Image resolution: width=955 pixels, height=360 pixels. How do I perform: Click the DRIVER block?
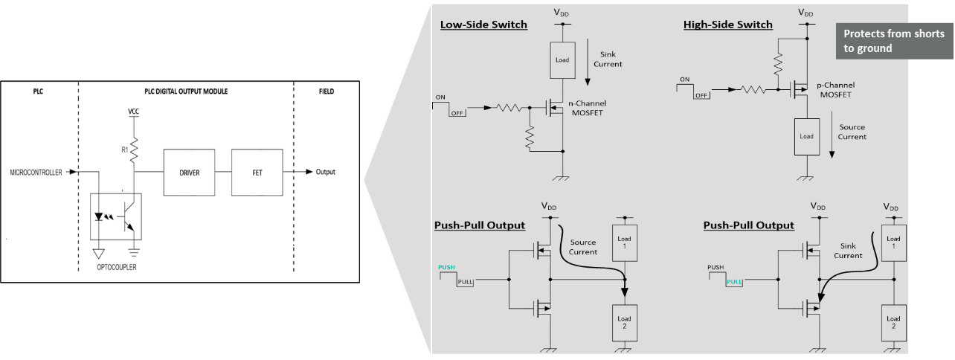coord(189,172)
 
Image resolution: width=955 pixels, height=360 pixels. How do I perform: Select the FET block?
coord(257,172)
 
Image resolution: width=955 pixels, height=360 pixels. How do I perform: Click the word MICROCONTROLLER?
coord(36,172)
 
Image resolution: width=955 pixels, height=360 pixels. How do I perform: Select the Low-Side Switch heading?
coord(483,25)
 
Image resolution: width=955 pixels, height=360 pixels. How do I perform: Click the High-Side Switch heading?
coord(727,25)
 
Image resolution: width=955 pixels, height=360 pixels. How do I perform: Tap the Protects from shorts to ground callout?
coord(893,41)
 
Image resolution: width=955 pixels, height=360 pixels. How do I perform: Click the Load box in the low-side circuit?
coord(562,60)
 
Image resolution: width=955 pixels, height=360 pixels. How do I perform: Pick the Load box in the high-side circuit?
coord(806,136)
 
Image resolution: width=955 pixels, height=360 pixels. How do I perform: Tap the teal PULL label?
coord(734,282)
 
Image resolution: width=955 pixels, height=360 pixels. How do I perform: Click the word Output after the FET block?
coord(325,172)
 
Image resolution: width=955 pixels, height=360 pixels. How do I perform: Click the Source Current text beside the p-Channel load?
coord(852,132)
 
